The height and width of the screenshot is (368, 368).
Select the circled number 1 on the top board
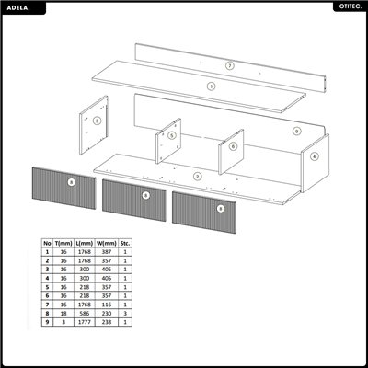[211, 86]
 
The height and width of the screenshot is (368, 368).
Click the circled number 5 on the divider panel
[171, 135]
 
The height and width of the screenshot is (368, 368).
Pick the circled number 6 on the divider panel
[233, 145]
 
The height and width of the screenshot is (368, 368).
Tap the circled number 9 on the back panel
[296, 132]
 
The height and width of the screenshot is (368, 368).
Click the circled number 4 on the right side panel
[314, 156]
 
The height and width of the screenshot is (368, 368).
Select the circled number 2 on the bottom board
[197, 176]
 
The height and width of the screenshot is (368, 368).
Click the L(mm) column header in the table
[84, 244]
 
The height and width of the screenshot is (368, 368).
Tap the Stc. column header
[126, 244]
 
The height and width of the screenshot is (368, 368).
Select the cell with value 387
[105, 252]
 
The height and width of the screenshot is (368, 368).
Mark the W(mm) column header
[105, 244]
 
